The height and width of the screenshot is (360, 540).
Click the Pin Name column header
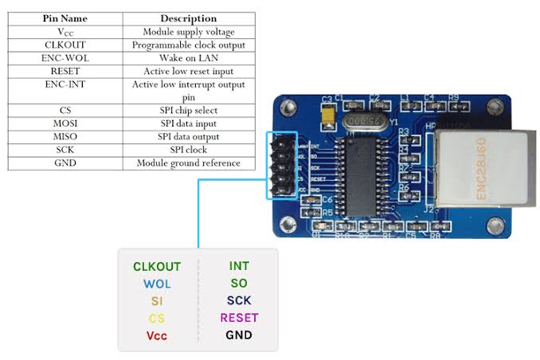point(65,18)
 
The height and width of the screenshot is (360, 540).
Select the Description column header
point(188,18)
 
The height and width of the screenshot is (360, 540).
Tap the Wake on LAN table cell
point(188,57)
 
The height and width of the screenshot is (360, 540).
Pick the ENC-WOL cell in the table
point(65,57)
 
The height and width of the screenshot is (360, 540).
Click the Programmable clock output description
point(188,45)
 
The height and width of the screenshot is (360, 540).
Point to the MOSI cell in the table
point(65,123)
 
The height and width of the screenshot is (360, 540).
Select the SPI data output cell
point(188,136)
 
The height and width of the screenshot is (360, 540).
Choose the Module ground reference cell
point(188,162)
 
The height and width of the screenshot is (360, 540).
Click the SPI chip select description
point(188,110)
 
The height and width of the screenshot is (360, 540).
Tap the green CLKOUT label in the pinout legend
point(157,267)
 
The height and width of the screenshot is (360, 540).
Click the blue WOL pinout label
point(157,284)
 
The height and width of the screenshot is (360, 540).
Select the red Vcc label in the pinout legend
point(157,335)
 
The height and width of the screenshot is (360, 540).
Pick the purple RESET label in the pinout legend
point(239,318)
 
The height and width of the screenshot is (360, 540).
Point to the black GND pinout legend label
point(239,335)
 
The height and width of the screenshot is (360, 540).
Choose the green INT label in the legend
point(239,267)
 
